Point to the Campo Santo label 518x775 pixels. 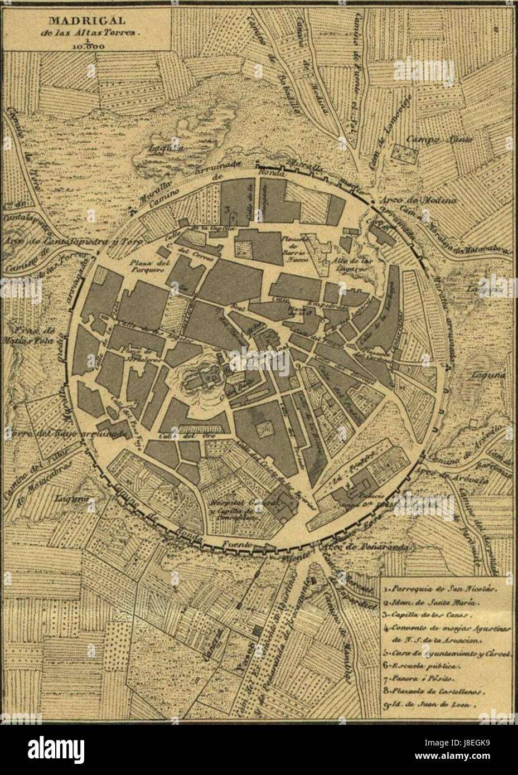[x=439, y=139]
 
